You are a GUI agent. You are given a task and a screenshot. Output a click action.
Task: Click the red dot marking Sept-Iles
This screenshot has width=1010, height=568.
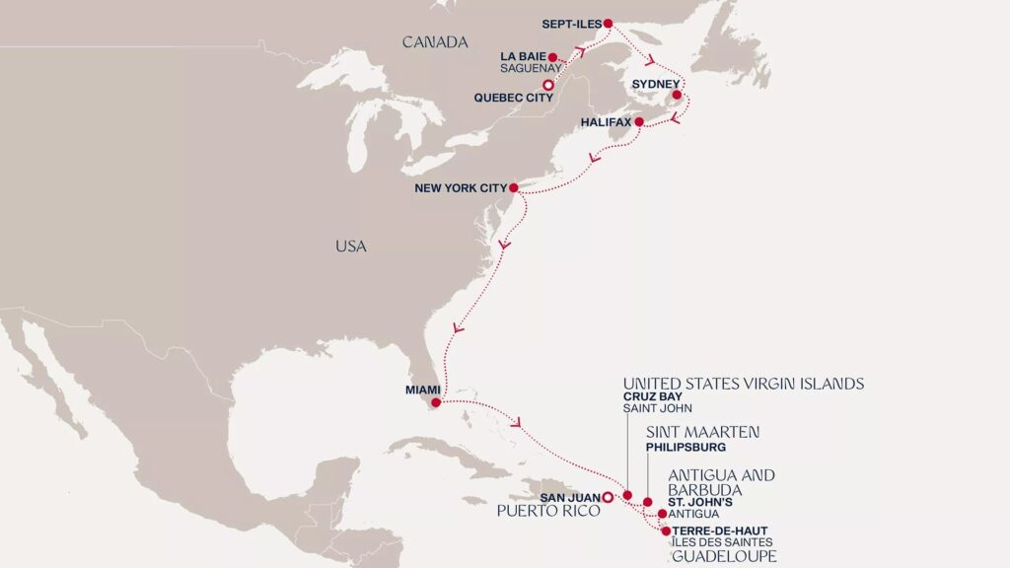point(608,24)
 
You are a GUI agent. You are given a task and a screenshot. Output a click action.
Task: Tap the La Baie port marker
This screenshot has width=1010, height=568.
point(552,57)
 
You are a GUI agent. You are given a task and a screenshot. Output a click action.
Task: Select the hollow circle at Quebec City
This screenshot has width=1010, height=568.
point(548,86)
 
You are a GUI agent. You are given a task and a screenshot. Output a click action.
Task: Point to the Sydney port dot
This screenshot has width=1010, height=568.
point(677,96)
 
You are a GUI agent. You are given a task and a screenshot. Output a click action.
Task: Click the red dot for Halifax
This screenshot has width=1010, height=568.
point(638,122)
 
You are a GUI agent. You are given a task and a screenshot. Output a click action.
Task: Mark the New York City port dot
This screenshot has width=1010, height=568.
point(513,187)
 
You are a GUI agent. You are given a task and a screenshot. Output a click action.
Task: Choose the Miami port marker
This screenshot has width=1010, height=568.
point(436,402)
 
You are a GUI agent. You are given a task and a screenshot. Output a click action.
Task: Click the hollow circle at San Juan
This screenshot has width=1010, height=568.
point(608,496)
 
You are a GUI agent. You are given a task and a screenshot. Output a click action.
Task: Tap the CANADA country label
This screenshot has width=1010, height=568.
point(434,42)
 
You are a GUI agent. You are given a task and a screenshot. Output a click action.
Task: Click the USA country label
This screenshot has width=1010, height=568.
point(350,247)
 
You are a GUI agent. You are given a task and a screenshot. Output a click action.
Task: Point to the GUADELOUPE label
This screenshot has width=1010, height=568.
point(723,557)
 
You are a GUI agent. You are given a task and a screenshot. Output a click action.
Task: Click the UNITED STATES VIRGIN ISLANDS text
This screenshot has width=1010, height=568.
point(744,383)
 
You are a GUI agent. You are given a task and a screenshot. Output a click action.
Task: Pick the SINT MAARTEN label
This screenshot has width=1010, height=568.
point(701,432)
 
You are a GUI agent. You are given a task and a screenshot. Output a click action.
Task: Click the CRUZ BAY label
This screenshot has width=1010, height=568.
point(652,396)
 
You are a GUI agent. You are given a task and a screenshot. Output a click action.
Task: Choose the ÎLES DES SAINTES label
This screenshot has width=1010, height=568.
point(722,542)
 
